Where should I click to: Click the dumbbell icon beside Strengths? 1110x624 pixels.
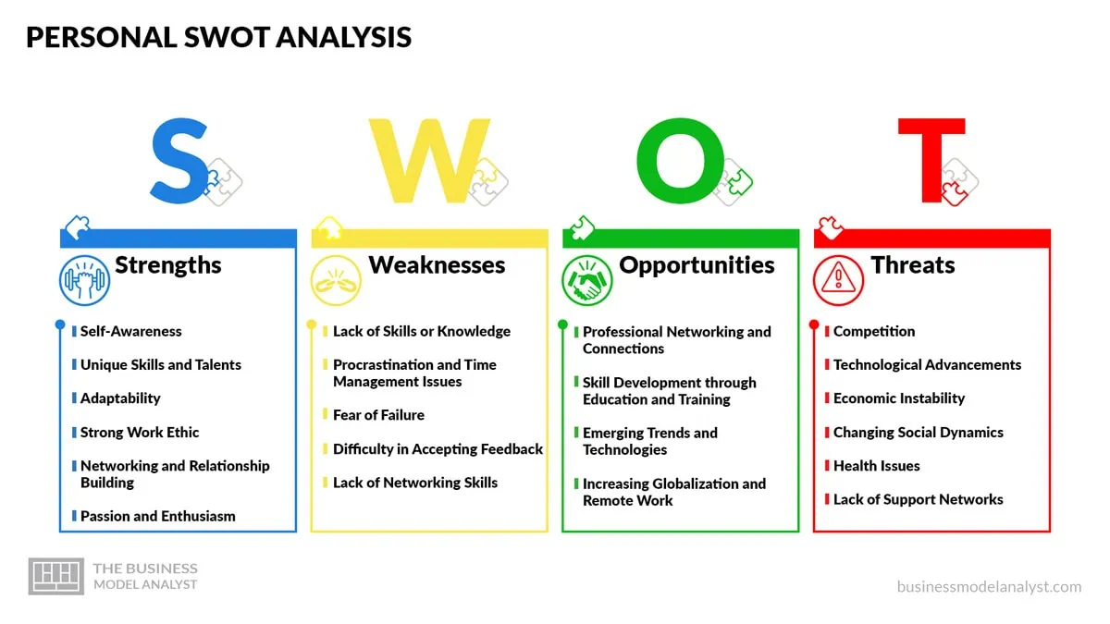pos(84,280)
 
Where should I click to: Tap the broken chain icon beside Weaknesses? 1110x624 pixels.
pos(336,280)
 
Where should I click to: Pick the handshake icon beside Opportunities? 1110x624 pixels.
pos(587,280)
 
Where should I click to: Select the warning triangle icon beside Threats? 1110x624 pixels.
pos(838,280)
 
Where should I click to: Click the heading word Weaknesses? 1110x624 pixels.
pos(437,265)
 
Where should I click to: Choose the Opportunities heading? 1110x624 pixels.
pos(697,266)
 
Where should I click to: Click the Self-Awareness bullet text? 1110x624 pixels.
pos(130,331)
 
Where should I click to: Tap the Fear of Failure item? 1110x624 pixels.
pos(378,415)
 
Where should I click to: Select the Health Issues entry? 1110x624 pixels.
pos(877,466)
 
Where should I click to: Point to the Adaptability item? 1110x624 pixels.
pos(120,398)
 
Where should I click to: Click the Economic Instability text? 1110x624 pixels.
pos(899,398)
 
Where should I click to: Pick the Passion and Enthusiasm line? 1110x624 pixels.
pos(158,517)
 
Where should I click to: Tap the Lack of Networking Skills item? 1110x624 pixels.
pos(415,483)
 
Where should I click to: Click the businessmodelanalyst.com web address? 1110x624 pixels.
pos(989,587)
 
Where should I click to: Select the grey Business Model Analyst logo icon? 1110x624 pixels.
pos(56,577)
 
